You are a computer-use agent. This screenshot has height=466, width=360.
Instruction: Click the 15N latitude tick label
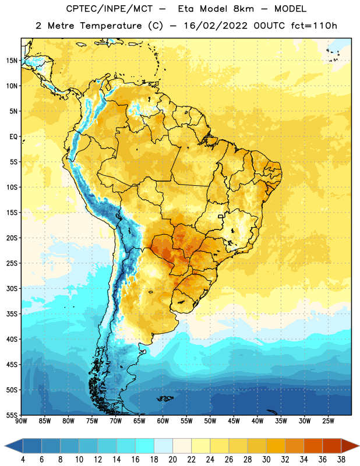coord(12,61)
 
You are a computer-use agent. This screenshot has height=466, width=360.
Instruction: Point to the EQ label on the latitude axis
coord(13,137)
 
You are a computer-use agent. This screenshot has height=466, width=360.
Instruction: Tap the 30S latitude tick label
coord(12,288)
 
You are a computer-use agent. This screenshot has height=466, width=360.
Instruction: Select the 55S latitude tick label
coord(12,415)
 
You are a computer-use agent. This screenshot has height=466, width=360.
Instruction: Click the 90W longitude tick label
coord(21,421)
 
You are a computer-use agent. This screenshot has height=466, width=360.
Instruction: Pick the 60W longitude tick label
coord(163,421)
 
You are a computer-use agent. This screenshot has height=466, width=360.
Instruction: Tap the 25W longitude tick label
coord(328,421)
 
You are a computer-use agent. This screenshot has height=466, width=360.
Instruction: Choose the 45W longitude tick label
coord(234,421)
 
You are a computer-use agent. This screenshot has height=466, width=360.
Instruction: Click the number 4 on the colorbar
coord(23,460)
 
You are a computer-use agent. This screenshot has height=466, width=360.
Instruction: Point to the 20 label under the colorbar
coord(172,460)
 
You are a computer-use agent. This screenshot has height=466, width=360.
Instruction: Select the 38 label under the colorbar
coord(341,460)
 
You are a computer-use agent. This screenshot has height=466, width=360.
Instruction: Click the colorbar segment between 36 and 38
coord(332,446)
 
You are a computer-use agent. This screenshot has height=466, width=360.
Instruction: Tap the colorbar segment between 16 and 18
coord(145,446)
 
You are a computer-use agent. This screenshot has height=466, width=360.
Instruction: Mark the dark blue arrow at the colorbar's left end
coord(13,446)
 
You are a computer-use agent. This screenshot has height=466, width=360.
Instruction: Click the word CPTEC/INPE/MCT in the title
coord(110,9)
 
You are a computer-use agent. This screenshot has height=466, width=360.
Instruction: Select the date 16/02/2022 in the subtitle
coord(216,26)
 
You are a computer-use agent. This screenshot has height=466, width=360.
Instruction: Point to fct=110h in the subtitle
coord(314,26)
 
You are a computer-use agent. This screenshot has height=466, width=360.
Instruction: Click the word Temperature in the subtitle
coord(111,26)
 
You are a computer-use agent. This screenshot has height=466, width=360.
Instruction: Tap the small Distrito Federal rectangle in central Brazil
coord(221,216)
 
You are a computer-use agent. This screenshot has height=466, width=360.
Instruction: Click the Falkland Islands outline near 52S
coord(165,398)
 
